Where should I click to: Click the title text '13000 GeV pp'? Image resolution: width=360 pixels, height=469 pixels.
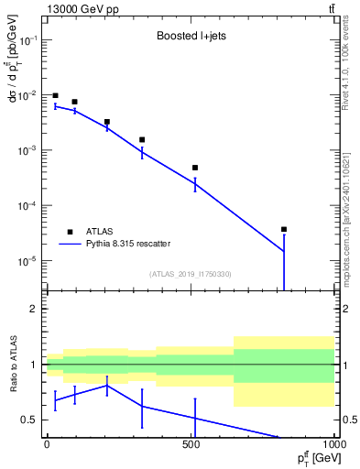[x=76, y=9]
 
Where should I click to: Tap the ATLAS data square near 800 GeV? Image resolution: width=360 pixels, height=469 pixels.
[x=284, y=229]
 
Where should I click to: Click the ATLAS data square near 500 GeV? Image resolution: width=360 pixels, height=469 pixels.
[x=195, y=168]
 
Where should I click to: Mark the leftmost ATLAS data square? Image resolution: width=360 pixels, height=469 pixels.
[x=55, y=95]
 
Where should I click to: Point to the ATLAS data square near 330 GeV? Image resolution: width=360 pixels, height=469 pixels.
[x=142, y=140]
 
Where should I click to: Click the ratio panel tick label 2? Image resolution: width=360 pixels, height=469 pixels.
[x=33, y=310]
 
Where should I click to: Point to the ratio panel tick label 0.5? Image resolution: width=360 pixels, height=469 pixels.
[x=29, y=420]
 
